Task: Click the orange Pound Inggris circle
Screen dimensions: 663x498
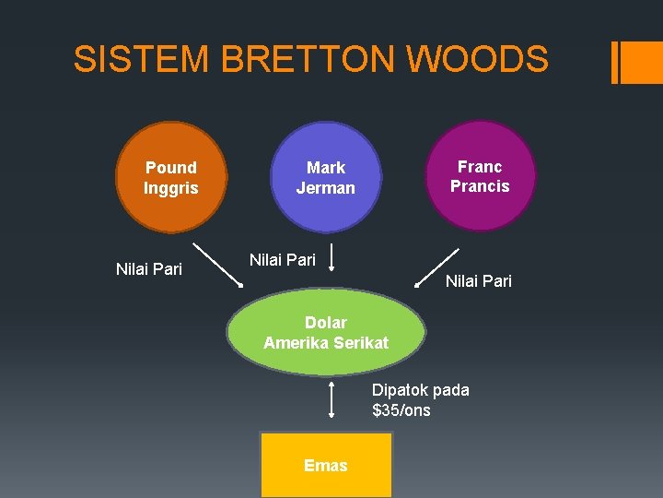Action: pyautogui.click(x=171, y=177)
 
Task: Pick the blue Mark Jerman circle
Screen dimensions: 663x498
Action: pyautogui.click(x=326, y=178)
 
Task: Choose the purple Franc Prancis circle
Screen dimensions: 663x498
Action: pyautogui.click(x=480, y=176)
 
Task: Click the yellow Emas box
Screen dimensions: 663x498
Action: pyautogui.click(x=326, y=465)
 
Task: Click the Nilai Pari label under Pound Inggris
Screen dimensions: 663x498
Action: pyautogui.click(x=149, y=269)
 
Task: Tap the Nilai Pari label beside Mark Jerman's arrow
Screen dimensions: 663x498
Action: pyautogui.click(x=283, y=260)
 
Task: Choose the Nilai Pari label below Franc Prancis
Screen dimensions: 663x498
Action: pyautogui.click(x=479, y=281)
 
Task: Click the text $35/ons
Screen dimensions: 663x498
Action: pyautogui.click(x=401, y=410)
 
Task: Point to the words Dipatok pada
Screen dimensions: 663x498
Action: pyautogui.click(x=420, y=390)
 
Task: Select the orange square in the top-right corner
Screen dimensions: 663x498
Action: pyautogui.click(x=643, y=62)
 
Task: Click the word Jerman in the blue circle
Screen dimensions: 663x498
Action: pyautogui.click(x=326, y=188)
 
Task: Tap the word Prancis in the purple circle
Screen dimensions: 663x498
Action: pyautogui.click(x=480, y=186)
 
